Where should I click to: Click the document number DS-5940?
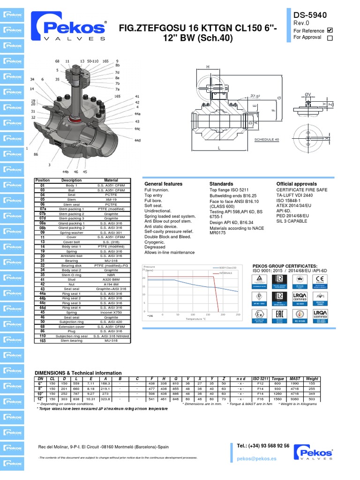pyautogui.click(x=310, y=16)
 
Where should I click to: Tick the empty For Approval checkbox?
pyautogui.click(x=330, y=38)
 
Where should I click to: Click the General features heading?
pyautogui.click(x=163, y=184)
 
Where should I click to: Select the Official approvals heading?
pyautogui.click(x=296, y=184)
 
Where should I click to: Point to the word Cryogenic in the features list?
pyautogui.click(x=155, y=242)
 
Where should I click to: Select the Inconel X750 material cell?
pyautogui.click(x=111, y=312)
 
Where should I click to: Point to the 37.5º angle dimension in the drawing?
pyautogui.click(x=255, y=96)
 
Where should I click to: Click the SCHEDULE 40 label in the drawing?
pyautogui.click(x=266, y=139)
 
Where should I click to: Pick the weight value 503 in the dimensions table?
pyautogui.click(x=312, y=399)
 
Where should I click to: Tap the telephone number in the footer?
pyautogui.click(x=262, y=446)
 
